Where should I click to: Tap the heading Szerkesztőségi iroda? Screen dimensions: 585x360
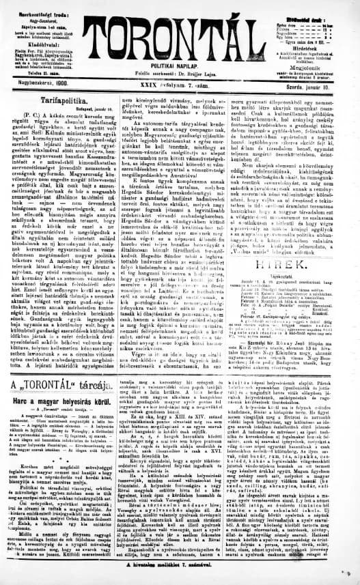click(36, 5)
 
